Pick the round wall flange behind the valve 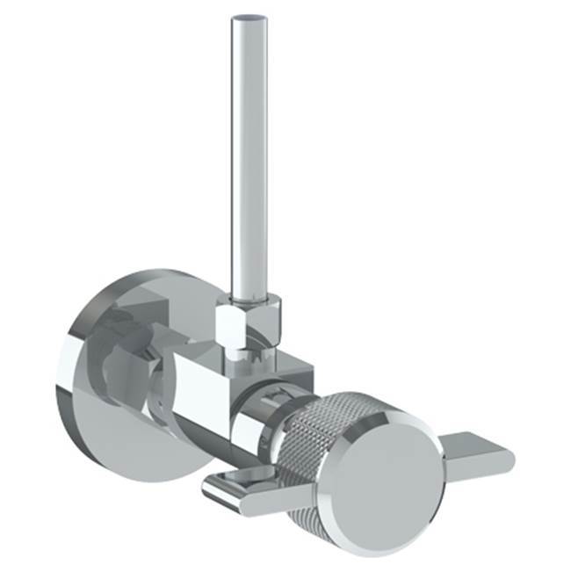point(97,387)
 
